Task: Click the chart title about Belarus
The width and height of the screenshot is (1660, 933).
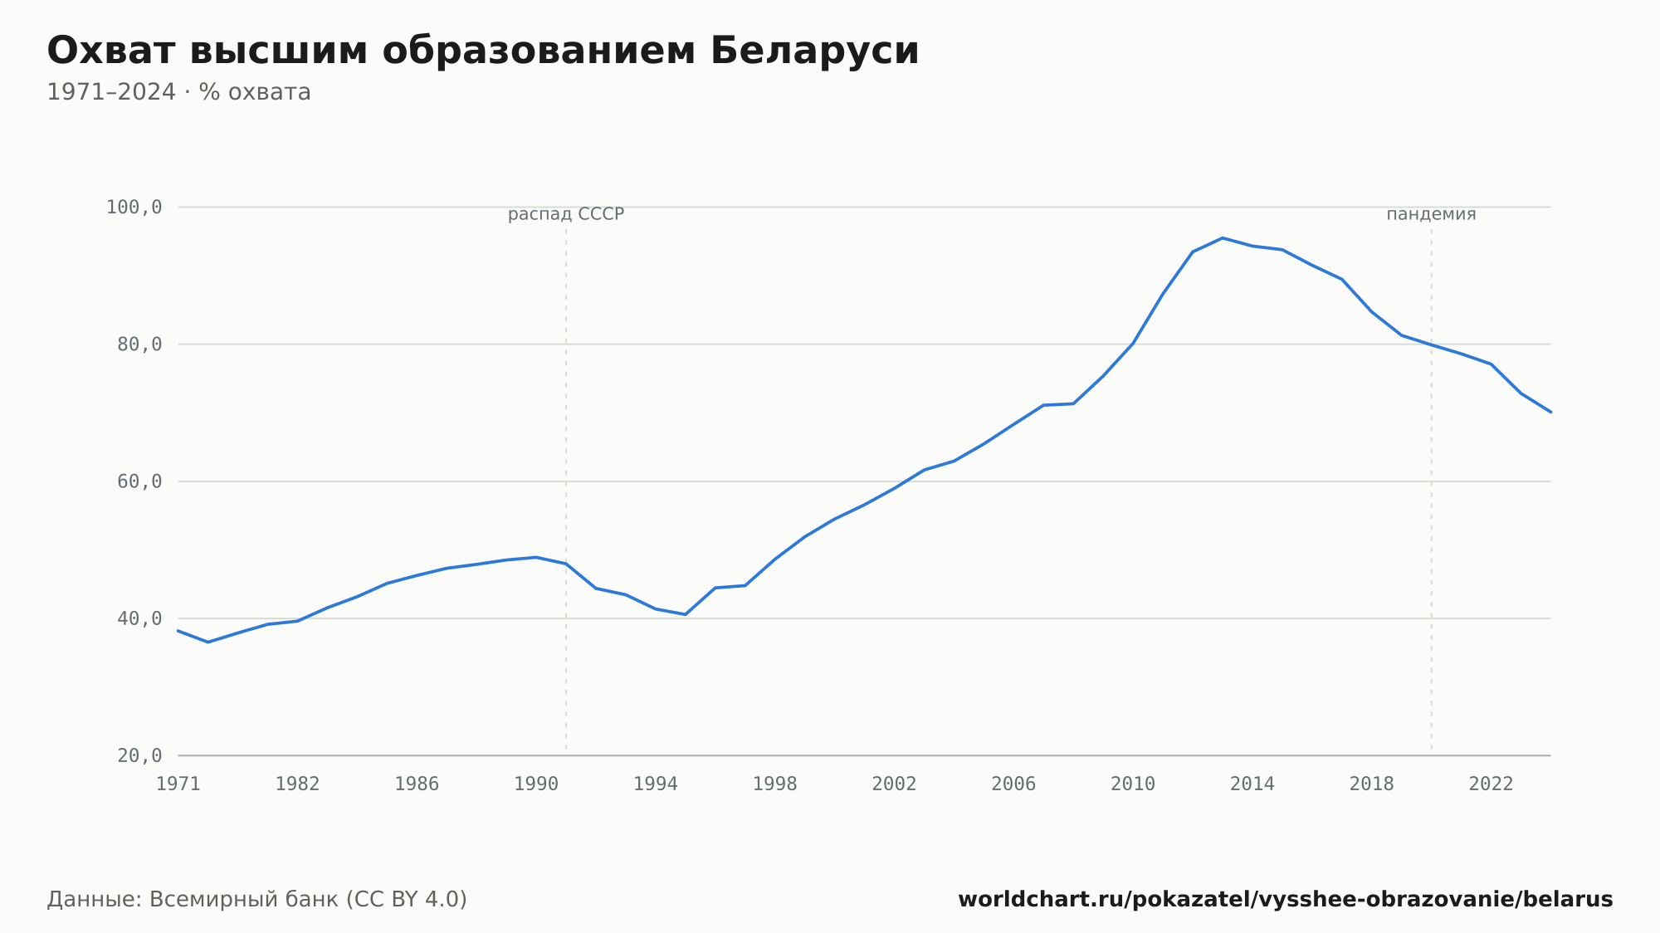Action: (483, 51)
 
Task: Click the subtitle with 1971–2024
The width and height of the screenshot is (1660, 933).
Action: (178, 92)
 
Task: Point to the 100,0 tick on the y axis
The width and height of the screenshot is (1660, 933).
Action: (134, 208)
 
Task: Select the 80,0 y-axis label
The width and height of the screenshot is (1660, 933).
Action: (139, 344)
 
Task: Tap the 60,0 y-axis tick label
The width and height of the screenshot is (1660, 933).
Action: (139, 481)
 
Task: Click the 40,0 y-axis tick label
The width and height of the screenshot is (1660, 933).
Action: (139, 618)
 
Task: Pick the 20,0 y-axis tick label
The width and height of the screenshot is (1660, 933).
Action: (139, 755)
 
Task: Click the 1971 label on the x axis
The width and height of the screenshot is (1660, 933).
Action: (178, 784)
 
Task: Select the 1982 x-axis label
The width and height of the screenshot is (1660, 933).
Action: (297, 784)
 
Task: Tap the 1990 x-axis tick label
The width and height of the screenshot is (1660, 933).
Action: (536, 784)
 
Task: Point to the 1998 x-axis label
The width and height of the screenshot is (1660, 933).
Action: (774, 784)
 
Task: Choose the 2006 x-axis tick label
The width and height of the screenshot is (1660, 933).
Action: (1013, 784)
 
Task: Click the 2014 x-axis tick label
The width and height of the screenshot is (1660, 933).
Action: (1252, 784)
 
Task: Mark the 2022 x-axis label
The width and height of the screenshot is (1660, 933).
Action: (1492, 784)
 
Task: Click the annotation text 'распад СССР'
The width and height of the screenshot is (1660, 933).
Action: (566, 214)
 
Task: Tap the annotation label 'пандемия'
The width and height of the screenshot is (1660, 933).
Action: (1431, 214)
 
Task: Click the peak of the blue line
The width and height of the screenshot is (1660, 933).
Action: (1223, 238)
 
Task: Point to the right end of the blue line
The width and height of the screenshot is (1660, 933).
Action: (1550, 412)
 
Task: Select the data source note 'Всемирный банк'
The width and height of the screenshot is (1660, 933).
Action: (244, 900)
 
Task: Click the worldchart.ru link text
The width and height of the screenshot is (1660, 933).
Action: (1286, 900)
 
